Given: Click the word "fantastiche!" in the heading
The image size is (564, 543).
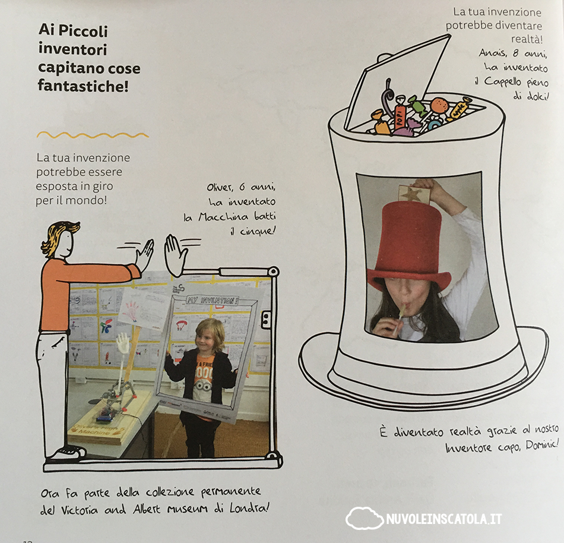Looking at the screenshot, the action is [83, 86].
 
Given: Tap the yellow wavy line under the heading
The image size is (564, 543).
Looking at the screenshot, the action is [93, 135].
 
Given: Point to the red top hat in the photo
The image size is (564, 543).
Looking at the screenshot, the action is [409, 248].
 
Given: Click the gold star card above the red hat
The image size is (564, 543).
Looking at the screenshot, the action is [414, 195].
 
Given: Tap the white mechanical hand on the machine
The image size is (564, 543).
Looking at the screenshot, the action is [123, 343].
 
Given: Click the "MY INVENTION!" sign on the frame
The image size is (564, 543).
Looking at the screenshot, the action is [212, 300].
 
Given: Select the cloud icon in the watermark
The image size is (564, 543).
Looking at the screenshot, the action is [364, 518].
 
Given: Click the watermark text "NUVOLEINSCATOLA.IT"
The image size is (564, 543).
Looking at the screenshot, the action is [444, 519].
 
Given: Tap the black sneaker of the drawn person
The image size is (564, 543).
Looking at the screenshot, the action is [68, 453].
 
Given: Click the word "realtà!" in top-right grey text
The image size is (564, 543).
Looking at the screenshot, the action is [527, 39].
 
